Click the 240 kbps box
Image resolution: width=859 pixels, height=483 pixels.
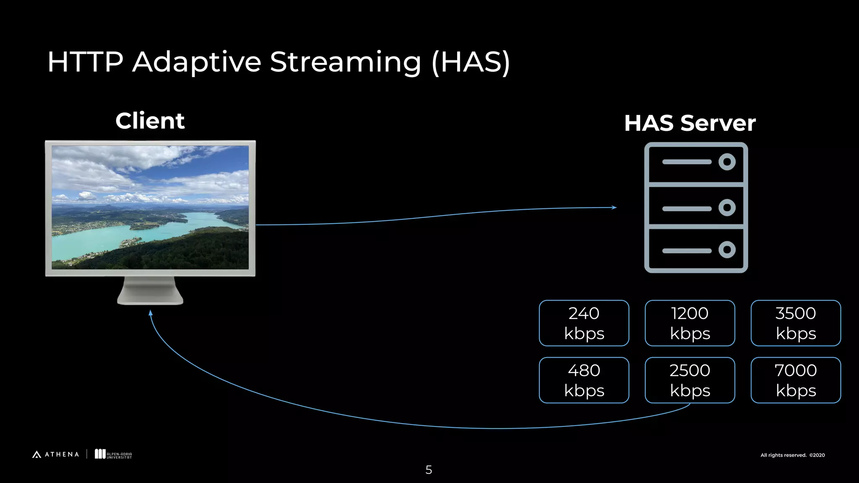(x=584, y=323)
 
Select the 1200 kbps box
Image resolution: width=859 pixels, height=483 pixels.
(x=690, y=323)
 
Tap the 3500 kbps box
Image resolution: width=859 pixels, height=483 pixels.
(x=795, y=323)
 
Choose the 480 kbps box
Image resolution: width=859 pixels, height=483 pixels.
(x=584, y=380)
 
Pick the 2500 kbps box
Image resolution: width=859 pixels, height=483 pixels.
(x=690, y=380)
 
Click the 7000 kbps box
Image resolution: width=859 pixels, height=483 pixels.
(x=795, y=380)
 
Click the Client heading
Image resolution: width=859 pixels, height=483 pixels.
(x=150, y=121)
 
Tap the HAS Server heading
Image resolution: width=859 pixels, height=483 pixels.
(x=690, y=123)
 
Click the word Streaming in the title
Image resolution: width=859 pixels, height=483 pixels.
(x=345, y=62)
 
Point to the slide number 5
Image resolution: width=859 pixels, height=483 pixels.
(x=429, y=470)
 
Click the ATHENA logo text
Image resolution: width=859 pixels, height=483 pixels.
(x=61, y=454)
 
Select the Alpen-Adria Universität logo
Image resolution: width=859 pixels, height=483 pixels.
(x=113, y=454)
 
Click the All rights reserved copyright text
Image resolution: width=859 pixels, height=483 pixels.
(x=792, y=455)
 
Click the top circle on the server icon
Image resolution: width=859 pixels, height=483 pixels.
(x=727, y=162)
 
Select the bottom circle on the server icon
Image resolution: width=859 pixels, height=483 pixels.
(x=727, y=250)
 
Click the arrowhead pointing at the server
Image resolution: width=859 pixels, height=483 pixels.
(x=614, y=207)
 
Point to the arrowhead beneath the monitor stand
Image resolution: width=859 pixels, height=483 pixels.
(x=151, y=313)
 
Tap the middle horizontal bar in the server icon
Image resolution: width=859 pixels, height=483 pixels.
(x=687, y=208)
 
